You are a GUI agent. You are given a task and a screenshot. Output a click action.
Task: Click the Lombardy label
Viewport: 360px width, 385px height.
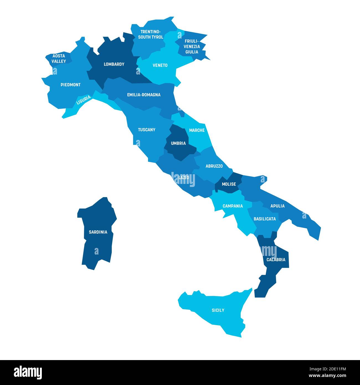tap(114, 64)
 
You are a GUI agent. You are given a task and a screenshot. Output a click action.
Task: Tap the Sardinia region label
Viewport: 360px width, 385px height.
tap(98, 232)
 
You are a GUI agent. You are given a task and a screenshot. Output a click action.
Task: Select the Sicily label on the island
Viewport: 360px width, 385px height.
tap(218, 310)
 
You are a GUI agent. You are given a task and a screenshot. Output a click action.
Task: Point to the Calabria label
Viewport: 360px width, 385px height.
tap(276, 260)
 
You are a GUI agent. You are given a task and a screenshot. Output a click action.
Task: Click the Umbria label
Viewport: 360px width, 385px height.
tap(178, 143)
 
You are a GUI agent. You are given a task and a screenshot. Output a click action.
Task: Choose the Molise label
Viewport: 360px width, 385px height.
tap(229, 184)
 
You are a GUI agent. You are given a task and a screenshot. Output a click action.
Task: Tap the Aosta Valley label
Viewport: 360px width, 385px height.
tap(59, 58)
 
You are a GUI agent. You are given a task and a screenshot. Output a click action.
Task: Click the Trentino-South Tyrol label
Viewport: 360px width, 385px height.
tap(151, 34)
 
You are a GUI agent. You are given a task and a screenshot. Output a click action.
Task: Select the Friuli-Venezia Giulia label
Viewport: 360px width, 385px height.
tap(192, 47)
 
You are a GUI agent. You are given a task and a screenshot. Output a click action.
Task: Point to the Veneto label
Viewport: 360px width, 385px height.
tap(160, 65)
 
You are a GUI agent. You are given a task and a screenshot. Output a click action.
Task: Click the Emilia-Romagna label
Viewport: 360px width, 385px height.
tap(144, 95)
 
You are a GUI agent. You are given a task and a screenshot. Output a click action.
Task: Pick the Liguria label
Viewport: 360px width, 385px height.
tap(83, 100)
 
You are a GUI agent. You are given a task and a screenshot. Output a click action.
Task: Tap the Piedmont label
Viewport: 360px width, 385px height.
tap(71, 85)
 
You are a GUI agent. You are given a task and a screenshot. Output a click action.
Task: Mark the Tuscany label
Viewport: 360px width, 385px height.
tap(146, 130)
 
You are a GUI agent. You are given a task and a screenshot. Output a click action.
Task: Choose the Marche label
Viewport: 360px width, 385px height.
tap(197, 130)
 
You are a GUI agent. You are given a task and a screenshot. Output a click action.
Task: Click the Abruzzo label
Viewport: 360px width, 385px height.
tap(214, 166)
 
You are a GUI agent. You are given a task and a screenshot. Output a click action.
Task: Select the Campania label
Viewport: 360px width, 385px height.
tap(233, 206)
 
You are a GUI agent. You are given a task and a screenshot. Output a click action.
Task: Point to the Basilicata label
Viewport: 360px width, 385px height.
tap(265, 219)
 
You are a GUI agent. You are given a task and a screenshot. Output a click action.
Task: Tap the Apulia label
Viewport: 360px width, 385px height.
tap(277, 206)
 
